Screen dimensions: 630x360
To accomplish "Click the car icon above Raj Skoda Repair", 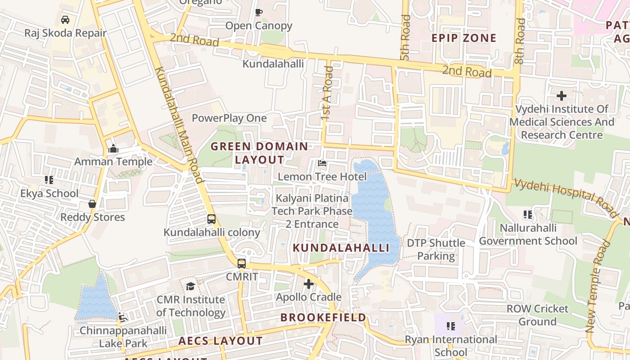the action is pyautogui.click(x=65, y=20).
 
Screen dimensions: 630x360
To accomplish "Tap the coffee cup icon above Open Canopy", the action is pyautogui.click(x=258, y=12).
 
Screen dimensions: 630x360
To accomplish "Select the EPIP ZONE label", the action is pyautogui.click(x=464, y=38).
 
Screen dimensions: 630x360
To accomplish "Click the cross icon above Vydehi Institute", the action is pyautogui.click(x=561, y=95).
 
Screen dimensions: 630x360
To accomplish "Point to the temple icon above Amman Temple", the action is pyautogui.click(x=113, y=148).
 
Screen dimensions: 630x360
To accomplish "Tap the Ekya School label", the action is pyautogui.click(x=49, y=193).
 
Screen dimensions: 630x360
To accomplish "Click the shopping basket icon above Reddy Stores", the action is pyautogui.click(x=92, y=204).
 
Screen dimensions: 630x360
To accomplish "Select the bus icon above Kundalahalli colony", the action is pyautogui.click(x=211, y=219).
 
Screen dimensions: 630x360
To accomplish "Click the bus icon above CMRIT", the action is pyautogui.click(x=242, y=264).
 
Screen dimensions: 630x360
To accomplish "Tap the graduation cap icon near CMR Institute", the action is pyautogui.click(x=190, y=286).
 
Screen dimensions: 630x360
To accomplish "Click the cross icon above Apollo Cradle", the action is pyautogui.click(x=308, y=284).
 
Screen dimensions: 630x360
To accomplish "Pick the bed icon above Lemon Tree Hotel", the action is pyautogui.click(x=322, y=163).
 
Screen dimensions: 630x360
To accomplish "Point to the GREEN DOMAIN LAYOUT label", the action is pyautogui.click(x=259, y=153).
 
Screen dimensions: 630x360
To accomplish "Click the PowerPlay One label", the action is pyautogui.click(x=229, y=118).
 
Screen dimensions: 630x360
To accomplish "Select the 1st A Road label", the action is pyautogui.click(x=328, y=93).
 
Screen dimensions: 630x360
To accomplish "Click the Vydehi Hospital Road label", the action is pyautogui.click(x=565, y=195).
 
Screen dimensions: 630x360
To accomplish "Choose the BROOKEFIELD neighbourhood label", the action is pyautogui.click(x=323, y=318).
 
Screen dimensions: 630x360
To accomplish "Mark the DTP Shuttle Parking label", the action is pyautogui.click(x=436, y=249).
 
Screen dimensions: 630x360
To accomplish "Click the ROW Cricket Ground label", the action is pyautogui.click(x=537, y=315).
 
